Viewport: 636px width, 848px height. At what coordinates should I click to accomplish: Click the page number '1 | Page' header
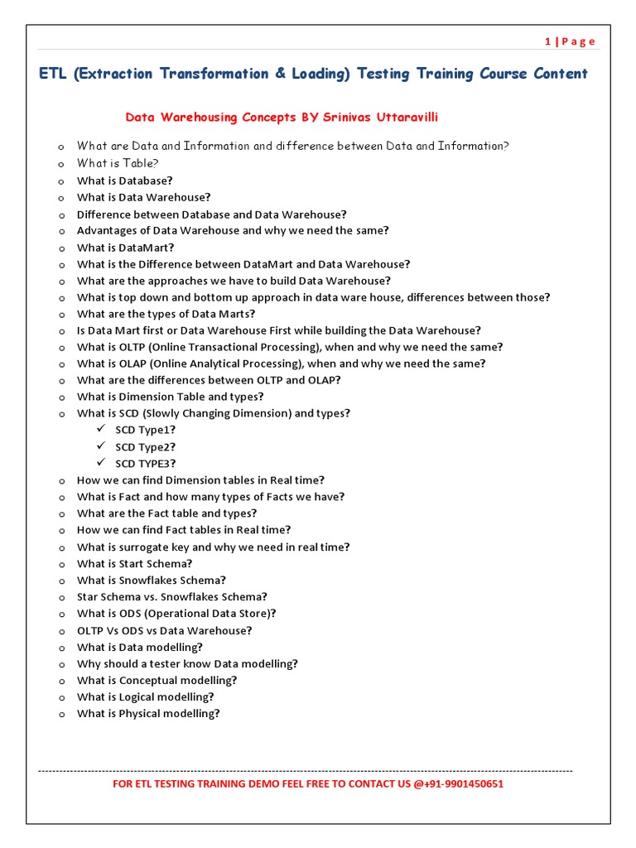pyautogui.click(x=570, y=41)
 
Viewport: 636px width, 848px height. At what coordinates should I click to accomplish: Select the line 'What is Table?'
pyautogui.click(x=118, y=163)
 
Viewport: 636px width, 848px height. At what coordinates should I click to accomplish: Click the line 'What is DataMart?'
pyautogui.click(x=126, y=248)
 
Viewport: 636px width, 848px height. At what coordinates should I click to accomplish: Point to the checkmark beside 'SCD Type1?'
pyautogui.click(x=101, y=430)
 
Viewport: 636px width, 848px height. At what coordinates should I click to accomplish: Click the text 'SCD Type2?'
pyautogui.click(x=145, y=447)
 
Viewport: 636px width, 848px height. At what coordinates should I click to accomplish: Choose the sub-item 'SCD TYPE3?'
pyautogui.click(x=145, y=464)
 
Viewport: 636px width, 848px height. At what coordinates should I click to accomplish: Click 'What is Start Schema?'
pyautogui.click(x=134, y=564)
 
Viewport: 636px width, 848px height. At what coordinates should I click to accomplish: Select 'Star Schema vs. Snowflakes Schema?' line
pyautogui.click(x=172, y=597)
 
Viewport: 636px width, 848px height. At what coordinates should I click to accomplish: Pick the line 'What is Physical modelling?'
pyautogui.click(x=148, y=714)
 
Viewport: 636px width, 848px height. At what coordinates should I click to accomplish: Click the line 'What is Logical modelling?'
pyautogui.click(x=145, y=697)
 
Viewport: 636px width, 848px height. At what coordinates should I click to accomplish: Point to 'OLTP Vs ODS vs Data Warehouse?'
pyautogui.click(x=165, y=630)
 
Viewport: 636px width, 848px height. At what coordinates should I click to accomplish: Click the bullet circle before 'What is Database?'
pyautogui.click(x=60, y=181)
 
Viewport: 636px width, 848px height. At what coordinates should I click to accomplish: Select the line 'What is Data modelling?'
pyautogui.click(x=139, y=647)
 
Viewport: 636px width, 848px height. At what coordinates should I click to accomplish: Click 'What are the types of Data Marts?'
pyautogui.click(x=166, y=314)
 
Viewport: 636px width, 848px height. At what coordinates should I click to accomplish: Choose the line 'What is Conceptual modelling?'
pyautogui.click(x=157, y=681)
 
